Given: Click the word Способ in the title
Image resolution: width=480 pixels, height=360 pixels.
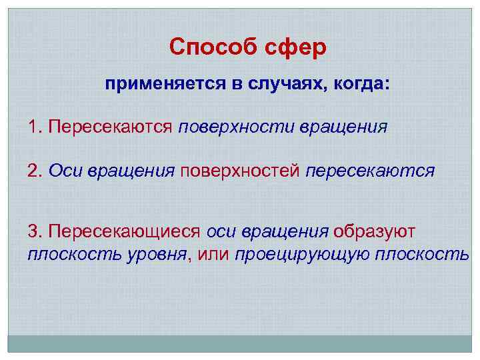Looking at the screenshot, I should [205, 47].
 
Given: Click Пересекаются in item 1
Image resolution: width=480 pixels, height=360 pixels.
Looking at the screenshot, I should [111, 127].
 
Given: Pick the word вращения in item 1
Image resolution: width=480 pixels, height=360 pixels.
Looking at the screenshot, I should [341, 127].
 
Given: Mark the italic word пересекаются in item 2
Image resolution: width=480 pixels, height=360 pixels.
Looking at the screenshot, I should [371, 171].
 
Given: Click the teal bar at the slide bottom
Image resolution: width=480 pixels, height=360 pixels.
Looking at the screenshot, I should [240, 343].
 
